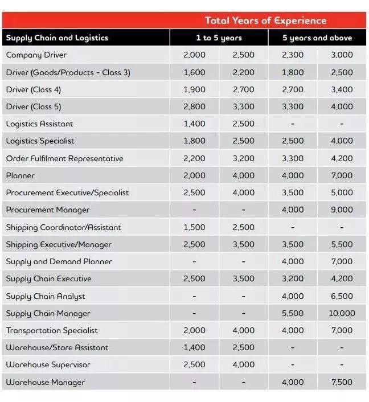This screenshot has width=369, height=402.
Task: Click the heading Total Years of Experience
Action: pos(265,20)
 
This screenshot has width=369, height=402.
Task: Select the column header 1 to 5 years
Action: pos(219,38)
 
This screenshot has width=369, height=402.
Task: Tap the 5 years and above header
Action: pos(317,38)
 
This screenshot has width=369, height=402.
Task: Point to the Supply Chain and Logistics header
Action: pos(57,38)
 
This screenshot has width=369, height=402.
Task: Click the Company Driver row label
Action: pos(36,55)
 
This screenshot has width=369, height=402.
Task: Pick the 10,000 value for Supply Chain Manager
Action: pos(342,313)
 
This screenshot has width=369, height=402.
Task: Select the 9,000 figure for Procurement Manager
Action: pos(342,210)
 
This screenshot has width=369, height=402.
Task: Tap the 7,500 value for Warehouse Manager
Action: pos(342,382)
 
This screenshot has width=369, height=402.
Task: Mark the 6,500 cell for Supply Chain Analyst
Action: pos(342,296)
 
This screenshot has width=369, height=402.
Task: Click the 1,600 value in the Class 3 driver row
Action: pos(194,72)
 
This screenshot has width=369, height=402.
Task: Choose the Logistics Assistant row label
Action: pos(40,124)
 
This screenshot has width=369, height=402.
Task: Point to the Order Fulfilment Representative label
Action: pos(64,158)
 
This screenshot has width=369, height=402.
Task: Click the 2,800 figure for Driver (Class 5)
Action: pos(194,106)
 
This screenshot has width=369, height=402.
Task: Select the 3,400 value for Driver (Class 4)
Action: pos(342,89)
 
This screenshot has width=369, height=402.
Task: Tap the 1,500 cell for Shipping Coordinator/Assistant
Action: pos(194,227)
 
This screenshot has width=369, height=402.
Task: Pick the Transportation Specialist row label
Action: pos(52,330)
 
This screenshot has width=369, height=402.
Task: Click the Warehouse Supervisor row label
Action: pos(48,364)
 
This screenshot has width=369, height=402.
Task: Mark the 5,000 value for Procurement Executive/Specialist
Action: pos(342,192)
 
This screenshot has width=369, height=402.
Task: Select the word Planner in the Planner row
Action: pos(20,175)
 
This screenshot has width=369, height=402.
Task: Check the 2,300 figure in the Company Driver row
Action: pos(293,55)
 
